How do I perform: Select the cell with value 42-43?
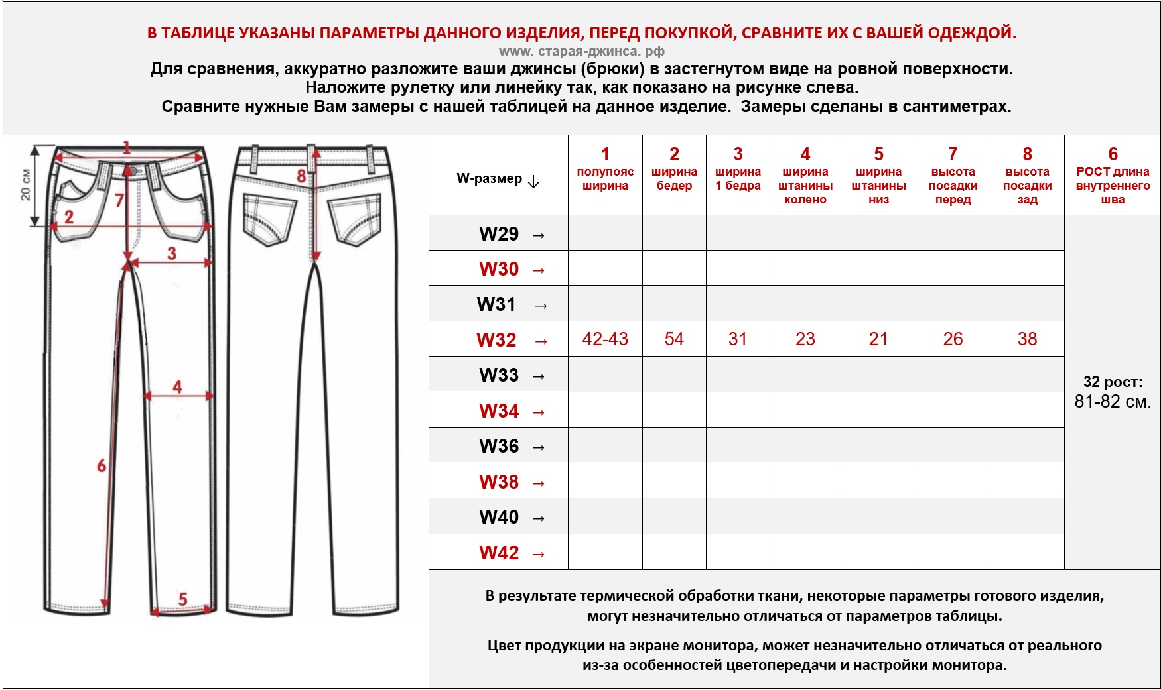click(x=605, y=339)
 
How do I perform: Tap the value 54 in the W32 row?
click(x=674, y=339)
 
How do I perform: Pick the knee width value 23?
click(x=805, y=339)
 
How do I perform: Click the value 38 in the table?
click(x=1027, y=339)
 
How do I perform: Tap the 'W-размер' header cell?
click(x=498, y=179)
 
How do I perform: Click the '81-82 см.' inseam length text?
click(x=1113, y=402)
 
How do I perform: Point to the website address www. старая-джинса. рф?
click(x=581, y=51)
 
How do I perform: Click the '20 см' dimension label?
click(x=25, y=185)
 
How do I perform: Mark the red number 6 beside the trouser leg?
click(x=102, y=465)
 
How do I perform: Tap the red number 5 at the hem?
click(x=183, y=599)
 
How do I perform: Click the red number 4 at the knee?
click(x=177, y=386)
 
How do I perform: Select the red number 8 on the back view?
click(x=301, y=176)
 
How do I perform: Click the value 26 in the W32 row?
click(x=953, y=339)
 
